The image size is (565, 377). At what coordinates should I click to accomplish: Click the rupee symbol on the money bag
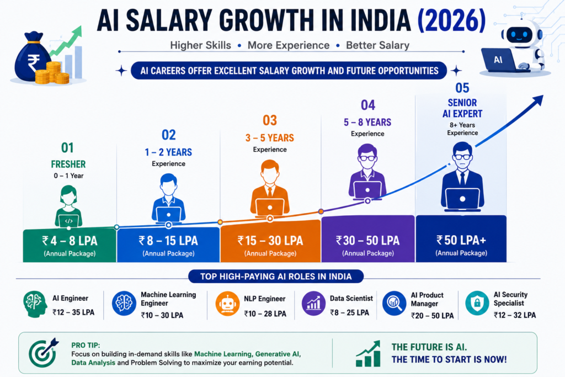tap(33, 63)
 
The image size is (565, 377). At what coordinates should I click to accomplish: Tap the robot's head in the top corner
tap(520, 35)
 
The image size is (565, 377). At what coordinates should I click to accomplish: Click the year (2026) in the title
tap(451, 20)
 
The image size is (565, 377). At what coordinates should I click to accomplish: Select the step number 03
tap(270, 120)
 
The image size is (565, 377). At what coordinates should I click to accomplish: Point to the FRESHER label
tap(68, 164)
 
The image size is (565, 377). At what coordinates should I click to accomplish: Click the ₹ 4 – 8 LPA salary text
tap(70, 241)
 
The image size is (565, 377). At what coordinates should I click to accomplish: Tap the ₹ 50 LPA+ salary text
tap(461, 240)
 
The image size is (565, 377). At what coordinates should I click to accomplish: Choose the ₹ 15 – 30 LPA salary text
tap(270, 241)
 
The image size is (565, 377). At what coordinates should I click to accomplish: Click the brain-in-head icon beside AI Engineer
tap(35, 304)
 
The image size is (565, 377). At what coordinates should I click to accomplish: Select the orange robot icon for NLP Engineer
tap(227, 304)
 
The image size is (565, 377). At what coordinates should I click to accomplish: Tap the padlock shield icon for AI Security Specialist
tap(477, 303)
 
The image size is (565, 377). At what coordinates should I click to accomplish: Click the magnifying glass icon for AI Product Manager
tap(395, 303)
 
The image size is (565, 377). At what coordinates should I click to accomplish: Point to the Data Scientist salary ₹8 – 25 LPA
tap(349, 312)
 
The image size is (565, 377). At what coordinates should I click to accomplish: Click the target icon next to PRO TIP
tap(43, 352)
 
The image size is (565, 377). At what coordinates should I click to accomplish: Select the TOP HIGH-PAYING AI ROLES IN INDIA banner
tap(276, 277)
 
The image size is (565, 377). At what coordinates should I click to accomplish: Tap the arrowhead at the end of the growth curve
tap(537, 100)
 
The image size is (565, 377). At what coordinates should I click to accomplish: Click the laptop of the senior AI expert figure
tap(462, 200)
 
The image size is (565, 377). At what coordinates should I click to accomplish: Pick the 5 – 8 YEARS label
tap(367, 123)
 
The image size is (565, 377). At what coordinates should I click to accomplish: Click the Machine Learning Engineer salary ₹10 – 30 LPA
tap(162, 315)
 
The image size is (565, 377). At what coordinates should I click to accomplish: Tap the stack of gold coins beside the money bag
tap(52, 73)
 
